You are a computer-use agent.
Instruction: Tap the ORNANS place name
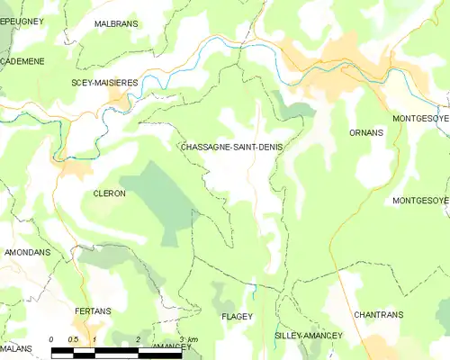(x=365, y=132)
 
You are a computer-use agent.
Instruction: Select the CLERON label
(x=109, y=193)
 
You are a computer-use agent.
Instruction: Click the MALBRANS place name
(x=116, y=23)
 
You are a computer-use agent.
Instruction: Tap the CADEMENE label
(x=24, y=61)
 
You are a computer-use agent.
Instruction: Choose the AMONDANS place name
(x=26, y=253)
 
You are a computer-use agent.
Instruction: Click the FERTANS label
(x=92, y=310)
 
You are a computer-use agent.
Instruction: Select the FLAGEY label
(x=236, y=318)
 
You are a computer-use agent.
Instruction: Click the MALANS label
(x=16, y=347)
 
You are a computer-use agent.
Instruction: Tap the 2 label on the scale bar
(x=138, y=339)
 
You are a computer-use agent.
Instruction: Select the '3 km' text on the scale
(x=187, y=339)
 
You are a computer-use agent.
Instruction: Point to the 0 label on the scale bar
(x=52, y=339)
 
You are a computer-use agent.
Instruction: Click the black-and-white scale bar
(x=117, y=353)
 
